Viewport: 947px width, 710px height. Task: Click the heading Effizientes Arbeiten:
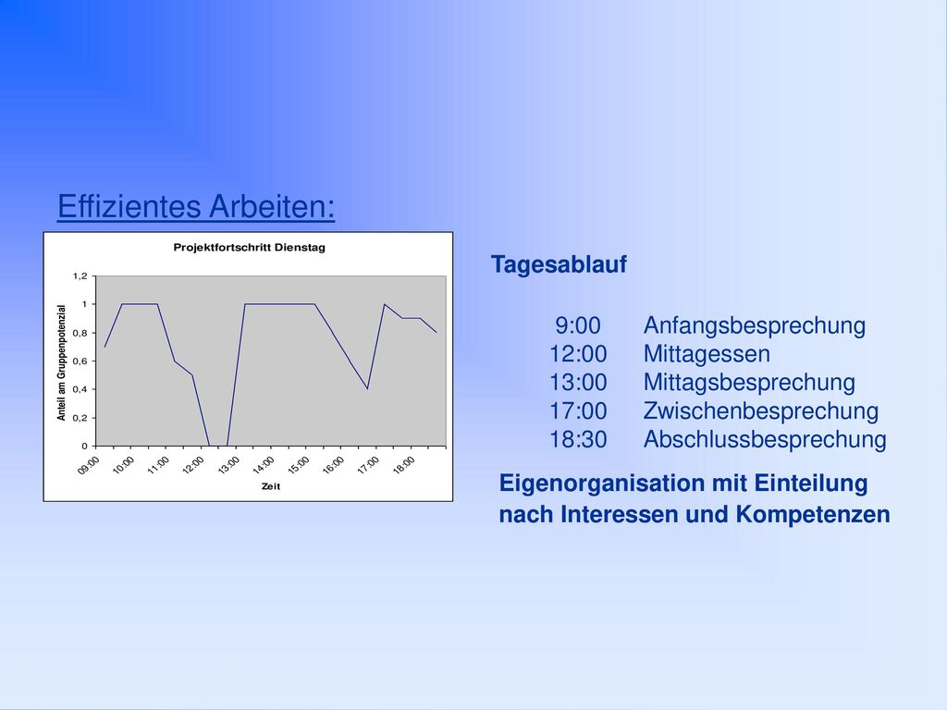coord(196,206)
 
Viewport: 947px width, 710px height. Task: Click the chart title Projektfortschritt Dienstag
coord(249,247)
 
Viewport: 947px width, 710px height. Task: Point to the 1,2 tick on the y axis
coord(80,275)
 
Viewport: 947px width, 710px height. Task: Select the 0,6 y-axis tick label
coord(80,361)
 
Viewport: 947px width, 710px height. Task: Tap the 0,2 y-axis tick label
coord(80,418)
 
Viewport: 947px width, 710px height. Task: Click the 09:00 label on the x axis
coord(88,465)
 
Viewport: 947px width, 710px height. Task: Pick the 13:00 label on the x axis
coord(229,465)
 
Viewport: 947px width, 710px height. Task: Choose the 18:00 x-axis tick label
coord(403,465)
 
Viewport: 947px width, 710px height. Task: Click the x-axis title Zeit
coord(271,486)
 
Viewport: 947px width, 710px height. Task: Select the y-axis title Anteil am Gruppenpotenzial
coord(61,362)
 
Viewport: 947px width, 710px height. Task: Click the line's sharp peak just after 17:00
coord(384,304)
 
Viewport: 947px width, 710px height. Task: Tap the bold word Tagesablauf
coord(559,264)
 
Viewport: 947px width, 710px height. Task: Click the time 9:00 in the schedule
coord(578,325)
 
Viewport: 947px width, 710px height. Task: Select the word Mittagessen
coord(707,354)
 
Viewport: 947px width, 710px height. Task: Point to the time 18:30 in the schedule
coord(578,439)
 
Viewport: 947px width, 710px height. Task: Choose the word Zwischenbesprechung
coord(761,410)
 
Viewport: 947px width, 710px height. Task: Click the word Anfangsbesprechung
coord(755,325)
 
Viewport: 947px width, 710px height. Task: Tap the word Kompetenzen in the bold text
coord(813,514)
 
